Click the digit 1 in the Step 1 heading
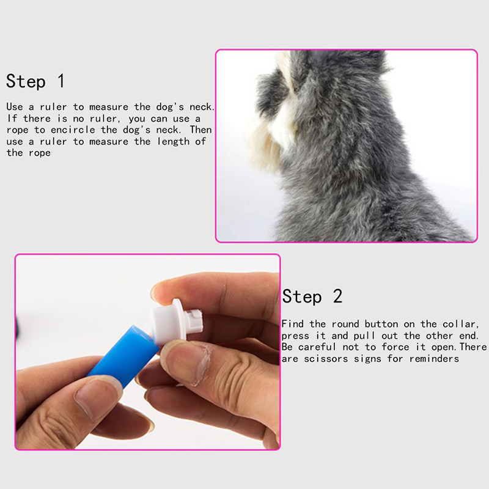tap(62, 81)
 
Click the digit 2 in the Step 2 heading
tap(337, 296)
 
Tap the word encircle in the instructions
tap(73, 130)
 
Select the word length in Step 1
tap(173, 142)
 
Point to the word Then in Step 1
tap(201, 130)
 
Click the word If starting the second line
tap(12, 119)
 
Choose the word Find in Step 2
tap(293, 324)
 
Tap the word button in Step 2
tap(381, 324)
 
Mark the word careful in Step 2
tap(317, 347)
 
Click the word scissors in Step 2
tap(326, 359)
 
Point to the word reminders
tap(434, 359)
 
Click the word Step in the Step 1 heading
tap(26, 81)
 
